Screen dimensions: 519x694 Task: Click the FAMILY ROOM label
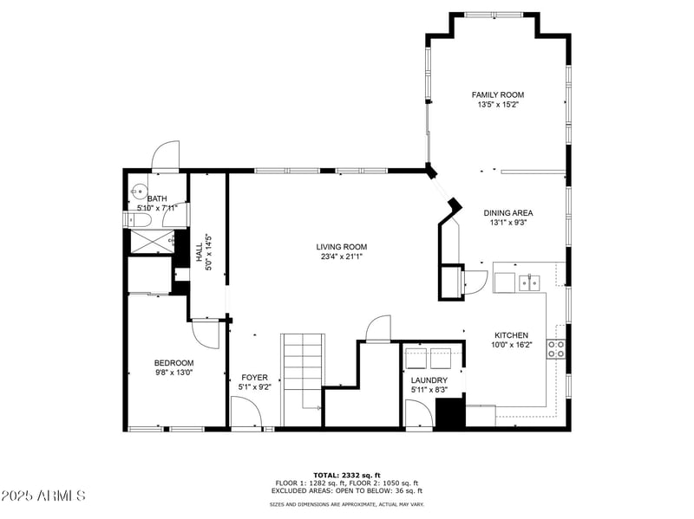pos(497,94)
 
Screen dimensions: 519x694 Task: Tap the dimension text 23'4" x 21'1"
pos(341,256)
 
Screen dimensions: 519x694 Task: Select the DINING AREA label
pos(507,212)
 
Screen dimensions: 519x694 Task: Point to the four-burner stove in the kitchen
pos(556,349)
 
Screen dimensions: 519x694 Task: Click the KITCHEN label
pos(511,335)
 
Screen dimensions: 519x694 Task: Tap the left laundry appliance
pos(417,358)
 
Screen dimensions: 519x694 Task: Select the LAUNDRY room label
pos(429,380)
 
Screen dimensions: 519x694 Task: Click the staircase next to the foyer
pos(302,371)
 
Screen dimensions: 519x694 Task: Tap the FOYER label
pos(254,377)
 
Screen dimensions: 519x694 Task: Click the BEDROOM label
pos(173,363)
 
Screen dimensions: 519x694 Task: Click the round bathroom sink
pos(137,191)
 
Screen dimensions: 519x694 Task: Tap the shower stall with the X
pos(152,242)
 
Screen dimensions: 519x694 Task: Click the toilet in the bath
pos(134,221)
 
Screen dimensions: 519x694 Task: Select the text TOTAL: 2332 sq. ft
pos(346,475)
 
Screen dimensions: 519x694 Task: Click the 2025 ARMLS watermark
pos(43,496)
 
